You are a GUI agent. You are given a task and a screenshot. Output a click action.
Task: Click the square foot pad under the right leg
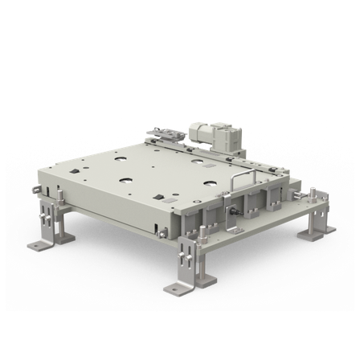(315, 233)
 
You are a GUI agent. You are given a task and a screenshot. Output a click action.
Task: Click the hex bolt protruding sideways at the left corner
(36, 190)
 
